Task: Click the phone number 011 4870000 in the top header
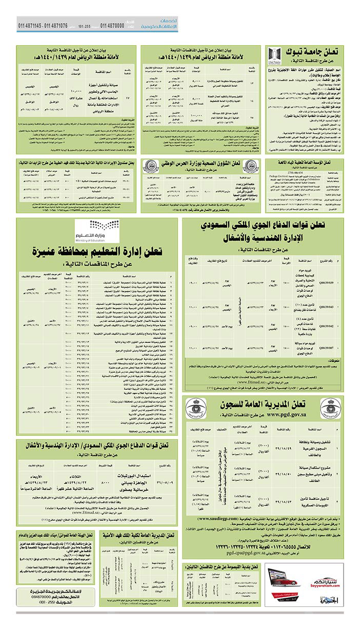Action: pos(111,26)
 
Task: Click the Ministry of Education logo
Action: pos(94,229)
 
